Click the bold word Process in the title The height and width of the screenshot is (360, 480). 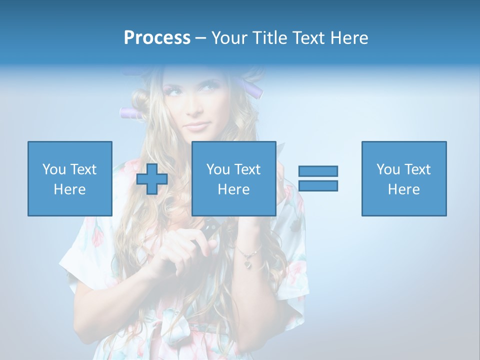click(157, 38)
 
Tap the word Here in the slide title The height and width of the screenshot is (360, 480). click(348, 38)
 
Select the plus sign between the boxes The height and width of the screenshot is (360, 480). click(152, 178)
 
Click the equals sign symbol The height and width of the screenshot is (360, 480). click(318, 178)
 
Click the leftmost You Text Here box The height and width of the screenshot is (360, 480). click(70, 178)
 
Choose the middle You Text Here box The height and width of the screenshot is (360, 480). click(234, 178)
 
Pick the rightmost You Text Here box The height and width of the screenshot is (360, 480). click(404, 178)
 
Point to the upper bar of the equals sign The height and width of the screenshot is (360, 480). click(318, 171)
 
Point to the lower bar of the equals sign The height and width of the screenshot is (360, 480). click(318, 185)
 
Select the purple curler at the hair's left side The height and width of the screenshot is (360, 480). click(131, 113)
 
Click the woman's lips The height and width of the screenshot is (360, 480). click(197, 125)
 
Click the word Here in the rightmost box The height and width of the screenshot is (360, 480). click(404, 189)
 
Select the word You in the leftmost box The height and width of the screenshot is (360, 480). click(54, 169)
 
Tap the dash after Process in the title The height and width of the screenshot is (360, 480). click(201, 38)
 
